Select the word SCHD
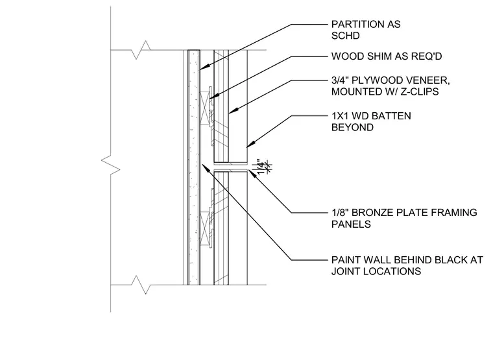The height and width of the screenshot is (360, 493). click(346, 36)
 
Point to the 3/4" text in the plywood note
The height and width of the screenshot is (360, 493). click(340, 80)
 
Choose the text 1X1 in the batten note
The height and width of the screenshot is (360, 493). click(340, 116)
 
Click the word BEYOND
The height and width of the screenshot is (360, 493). click(352, 127)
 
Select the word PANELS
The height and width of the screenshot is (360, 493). click(351, 224)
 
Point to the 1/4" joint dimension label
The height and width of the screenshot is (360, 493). click(261, 166)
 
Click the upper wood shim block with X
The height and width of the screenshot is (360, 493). click(205, 108)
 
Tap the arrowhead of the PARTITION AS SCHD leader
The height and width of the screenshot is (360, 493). click(203, 67)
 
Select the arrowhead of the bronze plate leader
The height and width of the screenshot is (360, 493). click(252, 173)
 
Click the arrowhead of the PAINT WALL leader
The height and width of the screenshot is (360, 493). click(205, 167)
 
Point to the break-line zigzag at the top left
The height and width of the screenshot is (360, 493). click(141, 50)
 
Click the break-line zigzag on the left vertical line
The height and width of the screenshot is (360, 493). click(111, 165)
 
